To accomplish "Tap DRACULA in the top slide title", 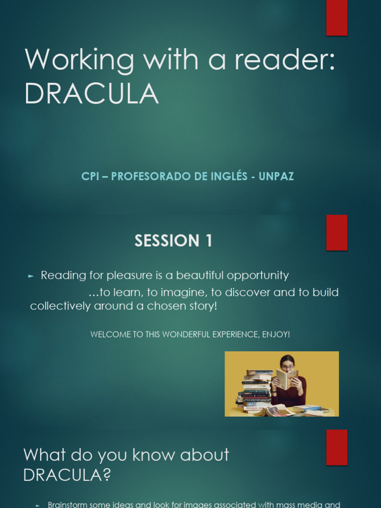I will click(91, 94).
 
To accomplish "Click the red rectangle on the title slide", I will click(336, 18).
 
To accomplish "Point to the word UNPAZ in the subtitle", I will click(276, 177).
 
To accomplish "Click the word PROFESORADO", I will click(149, 177).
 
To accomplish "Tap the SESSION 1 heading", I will click(173, 241).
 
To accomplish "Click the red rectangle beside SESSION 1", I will click(336, 233).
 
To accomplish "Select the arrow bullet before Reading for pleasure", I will click(32, 276).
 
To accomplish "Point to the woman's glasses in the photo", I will click(287, 368).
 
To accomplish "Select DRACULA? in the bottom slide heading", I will click(67, 475).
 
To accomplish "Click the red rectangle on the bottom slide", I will click(336, 447).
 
